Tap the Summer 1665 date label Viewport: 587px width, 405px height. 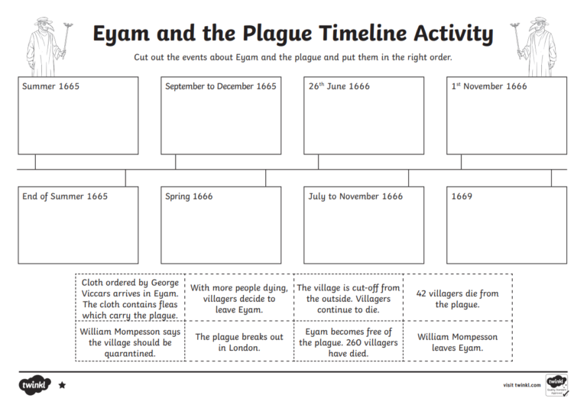[x=50, y=86]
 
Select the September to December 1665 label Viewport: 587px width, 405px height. [x=221, y=86]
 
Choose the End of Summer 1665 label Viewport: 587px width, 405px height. [x=65, y=196]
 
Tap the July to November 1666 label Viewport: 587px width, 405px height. [x=355, y=196]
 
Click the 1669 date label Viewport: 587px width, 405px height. [x=462, y=196]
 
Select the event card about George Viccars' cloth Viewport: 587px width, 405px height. [x=130, y=299]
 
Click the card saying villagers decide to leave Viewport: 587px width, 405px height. [x=239, y=299]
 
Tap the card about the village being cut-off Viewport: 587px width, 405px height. [x=349, y=299]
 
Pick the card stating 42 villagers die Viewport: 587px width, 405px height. [x=458, y=299]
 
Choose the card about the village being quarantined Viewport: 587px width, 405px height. [x=130, y=342]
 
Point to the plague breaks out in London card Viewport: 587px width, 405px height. [x=239, y=342]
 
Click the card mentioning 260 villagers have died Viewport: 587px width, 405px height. [x=349, y=342]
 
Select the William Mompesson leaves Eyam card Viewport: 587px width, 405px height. [x=458, y=342]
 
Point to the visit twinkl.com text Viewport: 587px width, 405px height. [x=520, y=384]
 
